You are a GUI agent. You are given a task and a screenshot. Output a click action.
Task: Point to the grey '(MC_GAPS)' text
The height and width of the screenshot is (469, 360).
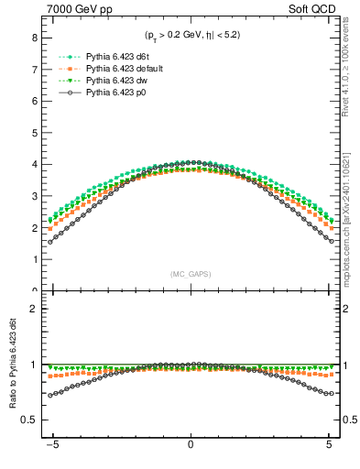[191, 274]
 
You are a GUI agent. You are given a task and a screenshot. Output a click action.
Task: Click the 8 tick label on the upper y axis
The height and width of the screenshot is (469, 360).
[34, 38]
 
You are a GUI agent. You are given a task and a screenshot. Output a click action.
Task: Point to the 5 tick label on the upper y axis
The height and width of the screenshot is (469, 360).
[34, 133]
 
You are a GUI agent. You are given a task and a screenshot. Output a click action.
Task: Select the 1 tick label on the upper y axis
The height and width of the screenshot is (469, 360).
[34, 259]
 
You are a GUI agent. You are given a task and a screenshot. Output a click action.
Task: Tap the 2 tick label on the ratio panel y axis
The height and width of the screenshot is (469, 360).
[34, 309]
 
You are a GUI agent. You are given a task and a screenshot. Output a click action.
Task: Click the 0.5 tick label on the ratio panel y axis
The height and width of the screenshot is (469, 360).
[29, 420]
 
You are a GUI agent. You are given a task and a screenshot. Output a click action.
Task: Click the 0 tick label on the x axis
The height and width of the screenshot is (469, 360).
[190, 452]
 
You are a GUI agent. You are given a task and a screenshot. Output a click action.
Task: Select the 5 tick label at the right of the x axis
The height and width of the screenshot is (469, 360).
[329, 452]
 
